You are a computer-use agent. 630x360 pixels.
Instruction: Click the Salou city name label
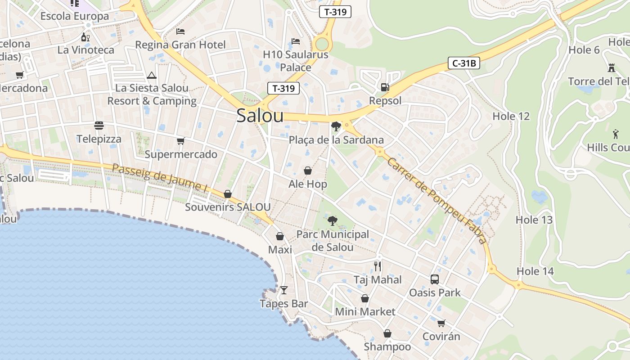[260, 116]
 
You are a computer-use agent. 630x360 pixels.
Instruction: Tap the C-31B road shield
[464, 63]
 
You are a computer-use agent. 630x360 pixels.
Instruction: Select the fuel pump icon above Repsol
[385, 87]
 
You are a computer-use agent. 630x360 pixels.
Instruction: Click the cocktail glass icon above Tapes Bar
[284, 290]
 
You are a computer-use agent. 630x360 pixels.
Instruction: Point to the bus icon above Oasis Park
[435, 279]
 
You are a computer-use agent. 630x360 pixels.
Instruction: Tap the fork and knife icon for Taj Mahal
[378, 266]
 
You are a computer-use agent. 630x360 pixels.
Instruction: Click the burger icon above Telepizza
[99, 125]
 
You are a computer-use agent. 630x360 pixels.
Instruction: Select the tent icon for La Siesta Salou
[152, 75]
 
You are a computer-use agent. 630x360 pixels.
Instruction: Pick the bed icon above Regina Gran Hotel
[180, 31]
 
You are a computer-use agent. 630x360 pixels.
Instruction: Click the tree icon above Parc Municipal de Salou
[333, 220]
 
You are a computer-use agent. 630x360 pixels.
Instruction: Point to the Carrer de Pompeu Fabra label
[436, 201]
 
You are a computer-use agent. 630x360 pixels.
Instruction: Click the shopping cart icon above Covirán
[441, 323]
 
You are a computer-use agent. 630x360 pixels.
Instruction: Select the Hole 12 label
[511, 116]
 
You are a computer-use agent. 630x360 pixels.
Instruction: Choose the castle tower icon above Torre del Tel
[612, 68]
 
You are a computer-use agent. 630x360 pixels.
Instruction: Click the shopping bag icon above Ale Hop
[308, 171]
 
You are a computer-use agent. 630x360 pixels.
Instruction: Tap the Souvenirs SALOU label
[228, 207]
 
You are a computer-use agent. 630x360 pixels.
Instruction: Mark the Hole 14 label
[535, 271]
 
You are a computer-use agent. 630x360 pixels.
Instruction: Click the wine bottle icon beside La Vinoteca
[85, 37]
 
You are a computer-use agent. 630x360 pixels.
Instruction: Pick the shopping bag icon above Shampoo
[387, 333]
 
